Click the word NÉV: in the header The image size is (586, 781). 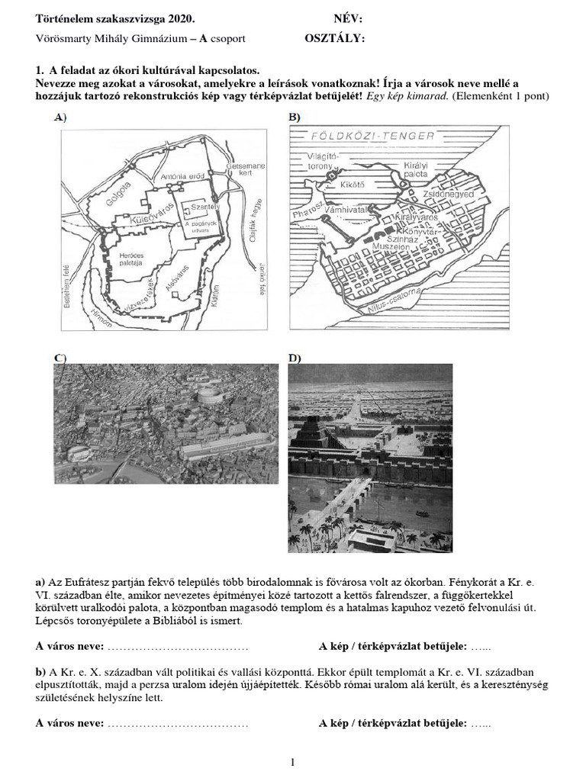348,19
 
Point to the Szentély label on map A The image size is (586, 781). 190,207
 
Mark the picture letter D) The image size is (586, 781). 295,358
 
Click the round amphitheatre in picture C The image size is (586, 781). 207,395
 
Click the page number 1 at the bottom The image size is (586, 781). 292,762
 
